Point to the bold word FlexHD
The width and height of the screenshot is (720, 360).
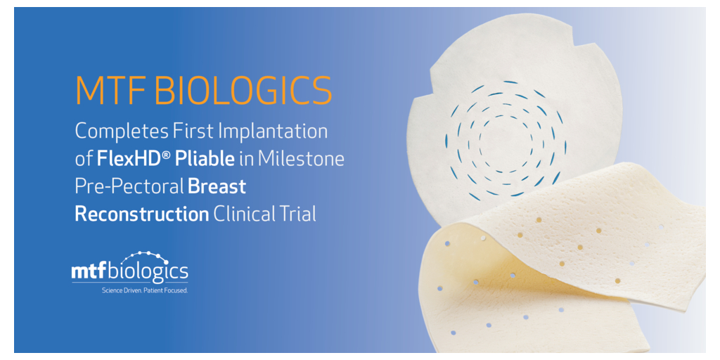pos(130,159)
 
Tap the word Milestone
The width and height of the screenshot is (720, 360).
pos(301,159)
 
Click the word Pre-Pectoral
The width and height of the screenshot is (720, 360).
pos(129,187)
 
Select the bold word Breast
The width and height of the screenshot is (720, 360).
pos(217,187)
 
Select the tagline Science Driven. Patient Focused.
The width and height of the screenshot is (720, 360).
pos(145,290)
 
